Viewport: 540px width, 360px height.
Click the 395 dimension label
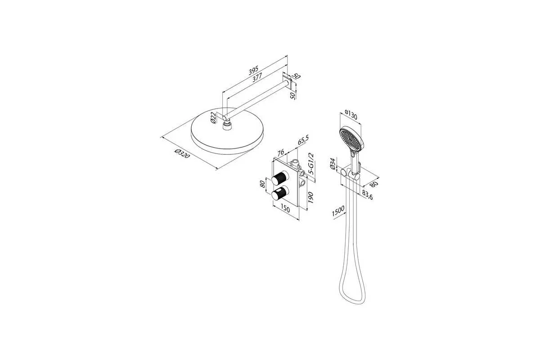254,70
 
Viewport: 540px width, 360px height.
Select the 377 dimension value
257,78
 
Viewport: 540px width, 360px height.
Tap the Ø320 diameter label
182,153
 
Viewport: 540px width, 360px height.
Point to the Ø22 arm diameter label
213,117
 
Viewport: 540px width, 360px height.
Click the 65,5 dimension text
303,140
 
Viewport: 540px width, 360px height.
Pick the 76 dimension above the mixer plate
281,153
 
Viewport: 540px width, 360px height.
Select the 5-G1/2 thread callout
311,163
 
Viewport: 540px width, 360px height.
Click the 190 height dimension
310,198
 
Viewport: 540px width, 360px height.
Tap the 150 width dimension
285,209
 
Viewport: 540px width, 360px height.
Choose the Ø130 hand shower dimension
351,115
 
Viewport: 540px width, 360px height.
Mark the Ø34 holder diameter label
333,164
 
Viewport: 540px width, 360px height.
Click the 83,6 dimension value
367,195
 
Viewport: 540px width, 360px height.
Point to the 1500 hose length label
338,211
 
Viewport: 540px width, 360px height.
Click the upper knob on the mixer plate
280,179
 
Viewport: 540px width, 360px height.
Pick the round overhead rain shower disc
227,131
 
